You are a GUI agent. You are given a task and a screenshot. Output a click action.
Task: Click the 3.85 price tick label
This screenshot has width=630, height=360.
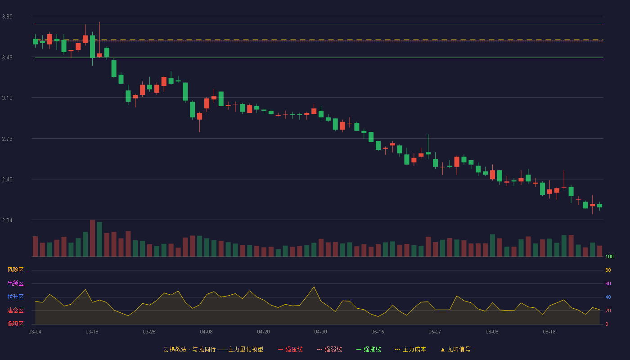click(7, 17)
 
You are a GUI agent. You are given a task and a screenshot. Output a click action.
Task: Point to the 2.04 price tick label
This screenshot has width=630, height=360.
click(7, 220)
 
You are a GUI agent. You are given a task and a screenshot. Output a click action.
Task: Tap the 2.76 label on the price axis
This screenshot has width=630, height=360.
click(7, 139)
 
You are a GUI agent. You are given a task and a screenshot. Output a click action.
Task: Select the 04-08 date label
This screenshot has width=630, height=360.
click(206, 332)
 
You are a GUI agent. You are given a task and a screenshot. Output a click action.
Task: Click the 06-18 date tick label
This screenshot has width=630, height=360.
click(549, 332)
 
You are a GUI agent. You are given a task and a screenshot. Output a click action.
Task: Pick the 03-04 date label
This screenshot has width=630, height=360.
click(35, 332)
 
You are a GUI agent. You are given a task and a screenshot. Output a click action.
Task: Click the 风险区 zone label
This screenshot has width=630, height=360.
click(15, 270)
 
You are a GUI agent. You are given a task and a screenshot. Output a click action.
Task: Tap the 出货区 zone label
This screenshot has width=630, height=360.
click(15, 283)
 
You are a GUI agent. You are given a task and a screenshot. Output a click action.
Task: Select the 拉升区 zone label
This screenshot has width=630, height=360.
click(15, 297)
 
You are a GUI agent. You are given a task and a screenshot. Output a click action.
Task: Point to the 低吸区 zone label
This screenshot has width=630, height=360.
click(15, 324)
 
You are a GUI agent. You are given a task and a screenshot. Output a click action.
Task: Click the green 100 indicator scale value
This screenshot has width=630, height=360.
click(609, 256)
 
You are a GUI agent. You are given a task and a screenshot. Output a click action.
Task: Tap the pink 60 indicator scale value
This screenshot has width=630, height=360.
click(608, 283)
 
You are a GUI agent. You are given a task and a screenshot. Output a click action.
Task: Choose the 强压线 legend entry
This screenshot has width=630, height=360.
click(290, 349)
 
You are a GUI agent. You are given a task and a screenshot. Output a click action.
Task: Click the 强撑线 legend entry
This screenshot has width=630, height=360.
click(369, 349)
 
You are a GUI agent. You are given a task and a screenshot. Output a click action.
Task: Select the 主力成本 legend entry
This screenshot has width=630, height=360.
click(410, 349)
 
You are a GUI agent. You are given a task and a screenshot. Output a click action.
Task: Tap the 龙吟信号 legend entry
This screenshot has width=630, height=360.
click(455, 349)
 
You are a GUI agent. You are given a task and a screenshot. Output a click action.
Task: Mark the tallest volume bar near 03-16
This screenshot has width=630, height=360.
click(92, 238)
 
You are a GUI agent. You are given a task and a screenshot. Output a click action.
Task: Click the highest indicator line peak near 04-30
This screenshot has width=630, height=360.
click(314, 287)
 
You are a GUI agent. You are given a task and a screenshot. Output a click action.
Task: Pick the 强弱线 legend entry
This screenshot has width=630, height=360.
click(329, 349)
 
